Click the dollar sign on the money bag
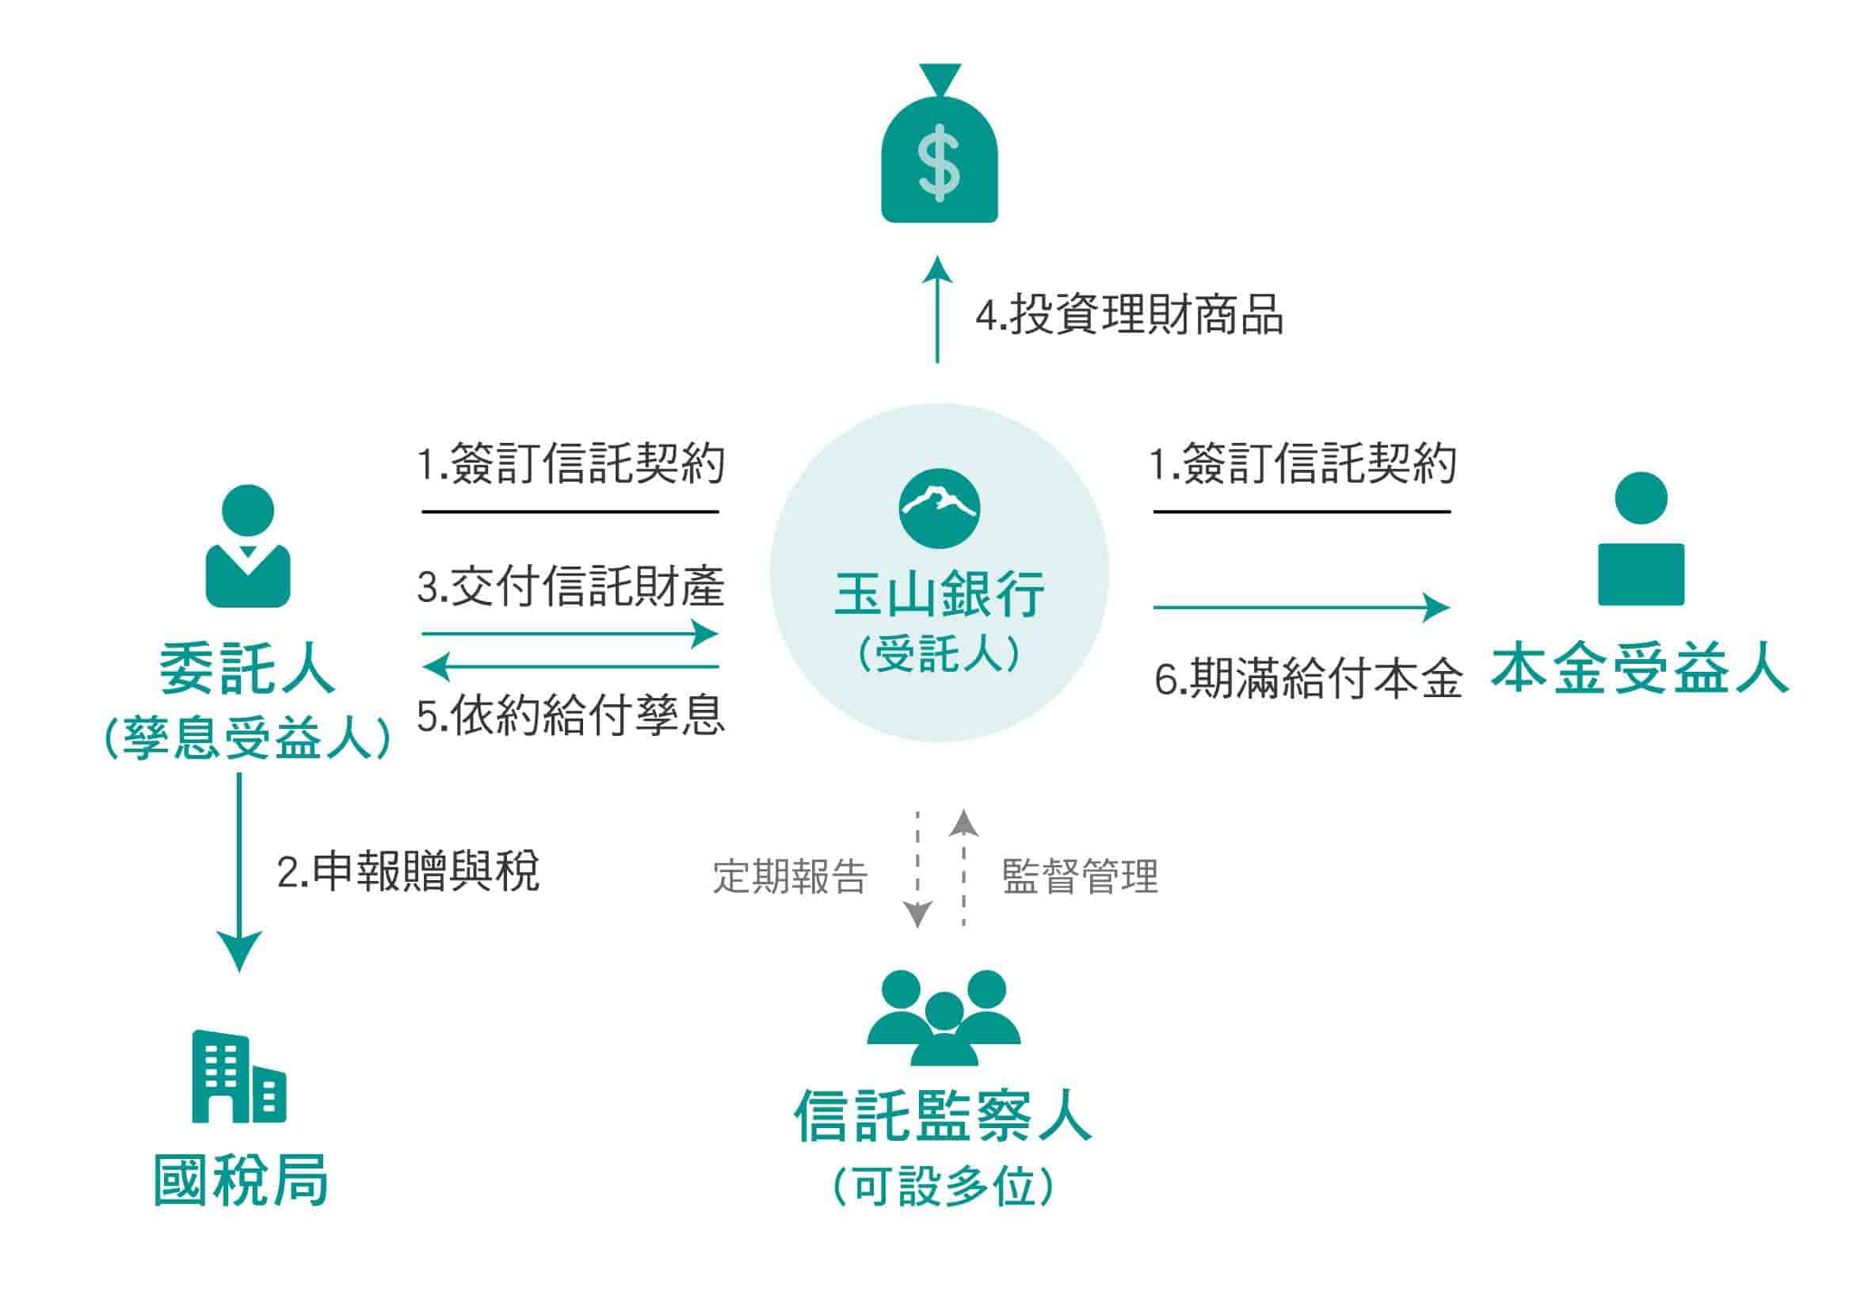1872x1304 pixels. (x=939, y=163)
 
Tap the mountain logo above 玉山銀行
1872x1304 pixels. (x=940, y=508)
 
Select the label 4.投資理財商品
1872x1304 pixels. (x=1129, y=315)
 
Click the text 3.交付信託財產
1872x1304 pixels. (x=570, y=586)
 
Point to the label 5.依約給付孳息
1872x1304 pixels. (x=570, y=715)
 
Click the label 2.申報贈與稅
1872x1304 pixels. (x=408, y=871)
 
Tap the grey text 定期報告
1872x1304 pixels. (x=790, y=877)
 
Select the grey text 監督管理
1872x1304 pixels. (x=1080, y=877)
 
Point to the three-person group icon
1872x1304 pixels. (x=944, y=1016)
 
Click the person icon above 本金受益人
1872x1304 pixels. (x=1641, y=538)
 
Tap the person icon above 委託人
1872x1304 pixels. (x=248, y=546)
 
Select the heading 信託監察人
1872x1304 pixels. (x=943, y=1115)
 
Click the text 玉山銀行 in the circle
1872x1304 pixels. (x=940, y=594)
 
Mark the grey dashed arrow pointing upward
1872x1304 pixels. (x=963, y=869)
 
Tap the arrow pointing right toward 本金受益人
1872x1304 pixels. (x=1301, y=607)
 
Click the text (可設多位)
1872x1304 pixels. (x=944, y=1187)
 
